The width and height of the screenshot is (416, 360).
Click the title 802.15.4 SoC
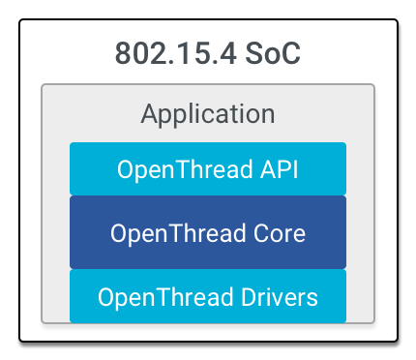(x=207, y=52)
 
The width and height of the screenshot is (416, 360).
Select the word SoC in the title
(x=274, y=52)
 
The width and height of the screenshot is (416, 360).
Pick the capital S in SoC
(x=254, y=52)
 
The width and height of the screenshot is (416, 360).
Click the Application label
(x=207, y=113)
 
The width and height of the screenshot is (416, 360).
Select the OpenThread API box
(x=207, y=168)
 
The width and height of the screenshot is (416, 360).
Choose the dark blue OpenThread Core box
(x=207, y=232)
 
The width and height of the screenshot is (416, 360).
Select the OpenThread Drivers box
(x=207, y=295)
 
